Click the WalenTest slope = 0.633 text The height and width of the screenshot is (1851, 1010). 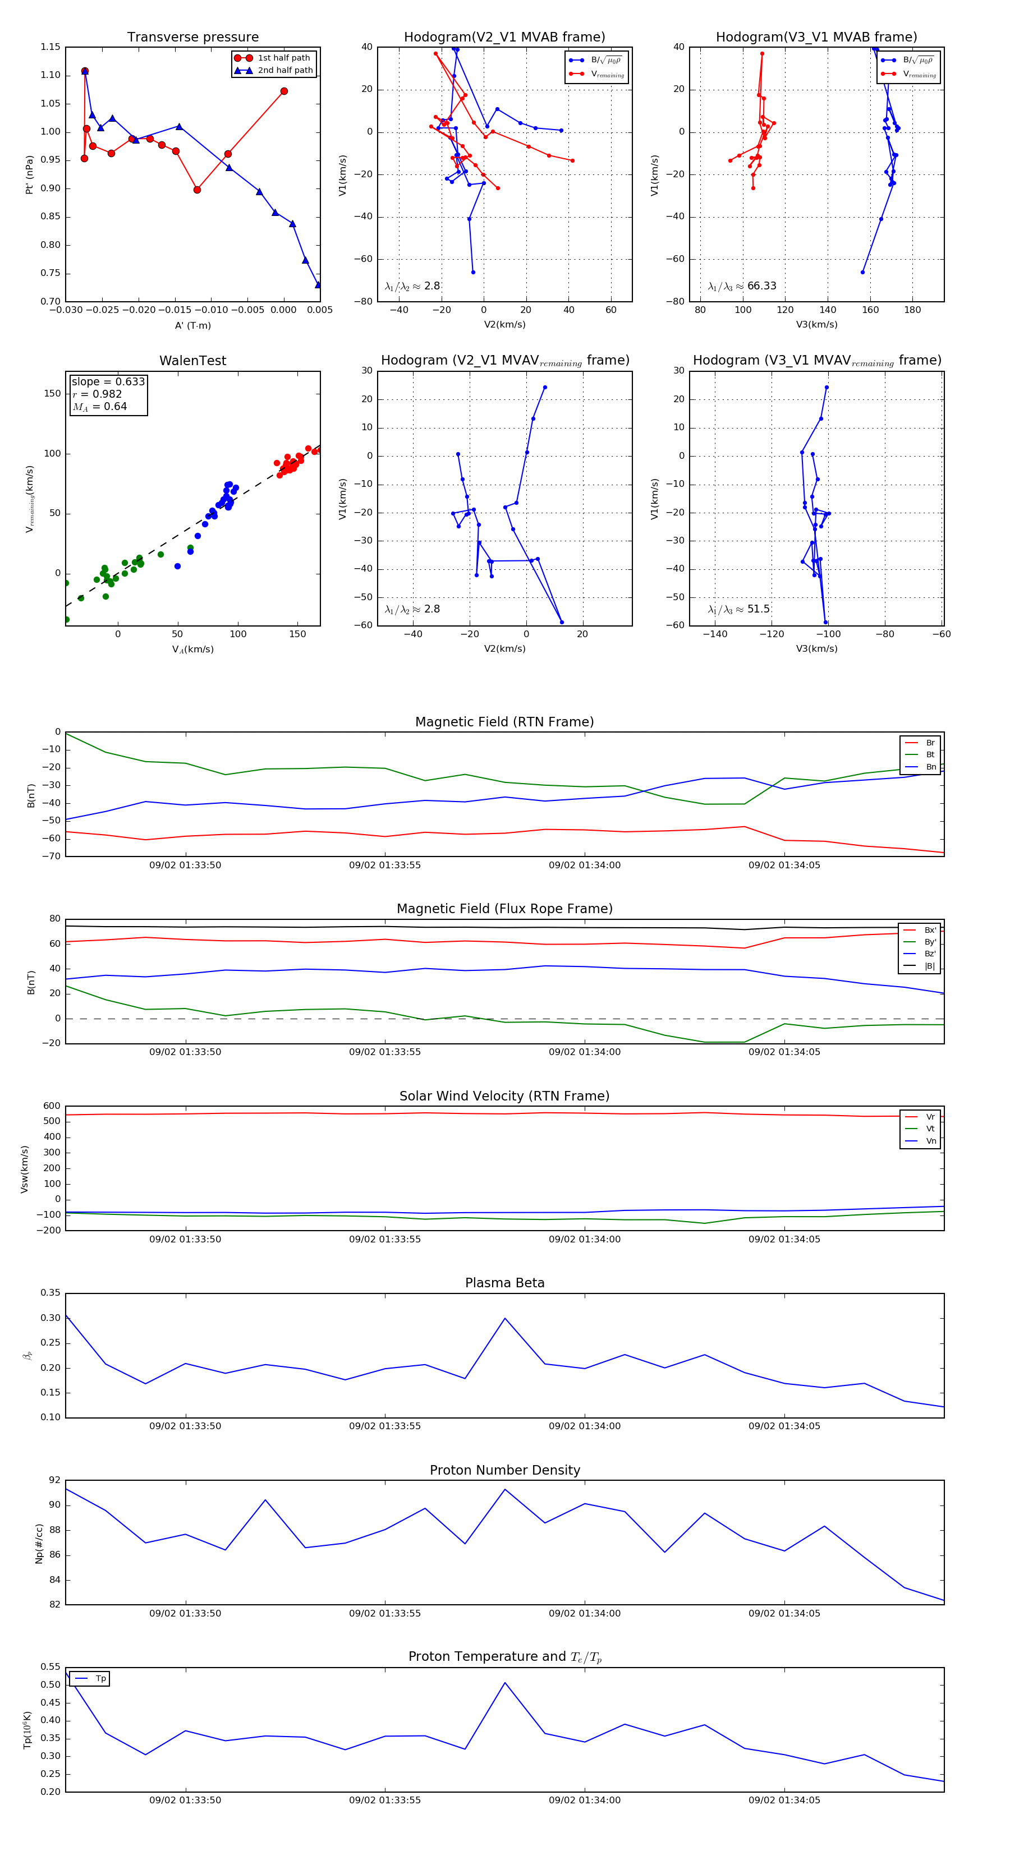108,381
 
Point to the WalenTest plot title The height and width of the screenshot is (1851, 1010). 192,361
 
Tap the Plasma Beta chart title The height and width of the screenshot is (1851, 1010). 504,1283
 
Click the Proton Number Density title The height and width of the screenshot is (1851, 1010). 504,1470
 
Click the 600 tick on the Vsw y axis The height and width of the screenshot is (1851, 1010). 52,1106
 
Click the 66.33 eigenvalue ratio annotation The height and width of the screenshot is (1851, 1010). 761,286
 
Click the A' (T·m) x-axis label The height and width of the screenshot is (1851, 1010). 192,325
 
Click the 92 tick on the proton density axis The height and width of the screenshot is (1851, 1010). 54,1480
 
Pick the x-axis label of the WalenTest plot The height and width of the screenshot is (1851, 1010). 192,650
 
